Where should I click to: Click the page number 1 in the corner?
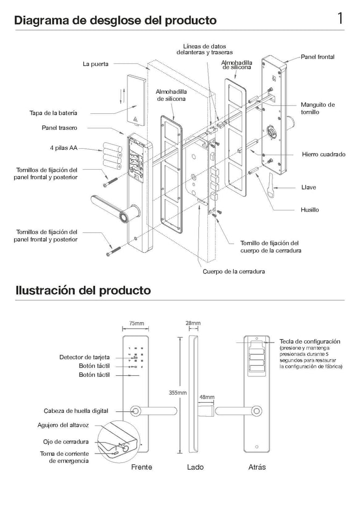[x=340, y=19]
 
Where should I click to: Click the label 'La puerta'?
[x=96, y=64]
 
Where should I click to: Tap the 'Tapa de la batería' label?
[x=53, y=113]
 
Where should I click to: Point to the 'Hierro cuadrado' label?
[x=323, y=154]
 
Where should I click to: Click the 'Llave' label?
[x=308, y=187]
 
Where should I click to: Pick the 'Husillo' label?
[x=309, y=209]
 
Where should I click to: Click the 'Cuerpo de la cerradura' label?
[x=234, y=271]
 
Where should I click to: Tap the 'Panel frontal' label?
[x=318, y=56]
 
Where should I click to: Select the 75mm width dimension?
[x=136, y=324]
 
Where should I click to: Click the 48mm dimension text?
[x=207, y=397]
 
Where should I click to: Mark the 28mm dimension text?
[x=193, y=323]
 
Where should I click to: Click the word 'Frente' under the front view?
[x=142, y=467]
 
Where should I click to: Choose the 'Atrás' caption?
[x=257, y=467]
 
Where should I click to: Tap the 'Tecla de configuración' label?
[x=310, y=341]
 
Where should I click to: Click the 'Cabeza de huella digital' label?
[x=76, y=411]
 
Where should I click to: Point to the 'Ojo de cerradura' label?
[x=66, y=442]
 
